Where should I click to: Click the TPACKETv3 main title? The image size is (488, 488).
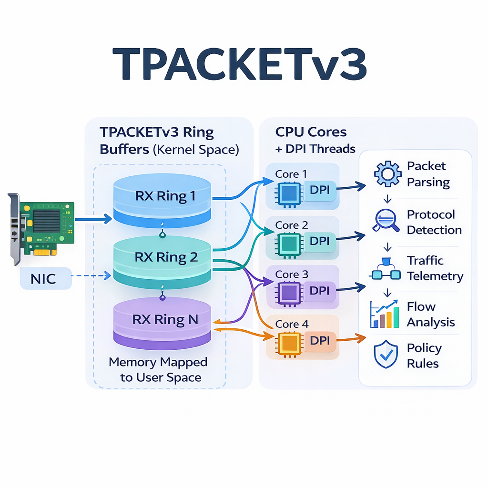click(x=240, y=65)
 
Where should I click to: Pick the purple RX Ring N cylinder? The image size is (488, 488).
click(x=162, y=320)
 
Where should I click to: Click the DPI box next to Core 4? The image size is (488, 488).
click(x=320, y=340)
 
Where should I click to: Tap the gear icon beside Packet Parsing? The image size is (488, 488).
click(x=388, y=174)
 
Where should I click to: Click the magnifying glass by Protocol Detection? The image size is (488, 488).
click(x=386, y=221)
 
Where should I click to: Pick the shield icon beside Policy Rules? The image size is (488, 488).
click(x=386, y=355)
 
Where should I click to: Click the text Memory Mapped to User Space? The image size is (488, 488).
click(x=158, y=370)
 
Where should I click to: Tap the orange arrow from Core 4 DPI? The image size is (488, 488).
click(x=350, y=339)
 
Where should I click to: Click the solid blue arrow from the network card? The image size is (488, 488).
click(x=93, y=220)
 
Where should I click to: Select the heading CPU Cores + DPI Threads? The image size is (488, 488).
click(x=315, y=140)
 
